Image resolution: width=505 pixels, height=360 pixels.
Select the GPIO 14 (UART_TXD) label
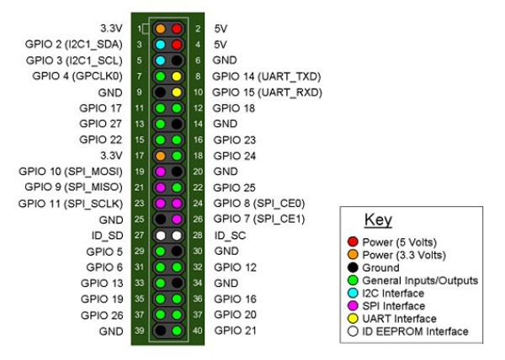coord(267,76)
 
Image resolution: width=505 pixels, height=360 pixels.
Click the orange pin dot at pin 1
coord(159,28)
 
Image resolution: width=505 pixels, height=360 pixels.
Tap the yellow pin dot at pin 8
coord(177,76)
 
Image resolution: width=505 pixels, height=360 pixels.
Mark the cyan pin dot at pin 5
coord(159,60)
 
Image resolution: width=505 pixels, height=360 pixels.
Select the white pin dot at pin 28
coord(177,235)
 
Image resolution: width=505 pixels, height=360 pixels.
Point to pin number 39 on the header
coord(141,331)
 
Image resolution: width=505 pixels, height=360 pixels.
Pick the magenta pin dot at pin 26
coord(177,219)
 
